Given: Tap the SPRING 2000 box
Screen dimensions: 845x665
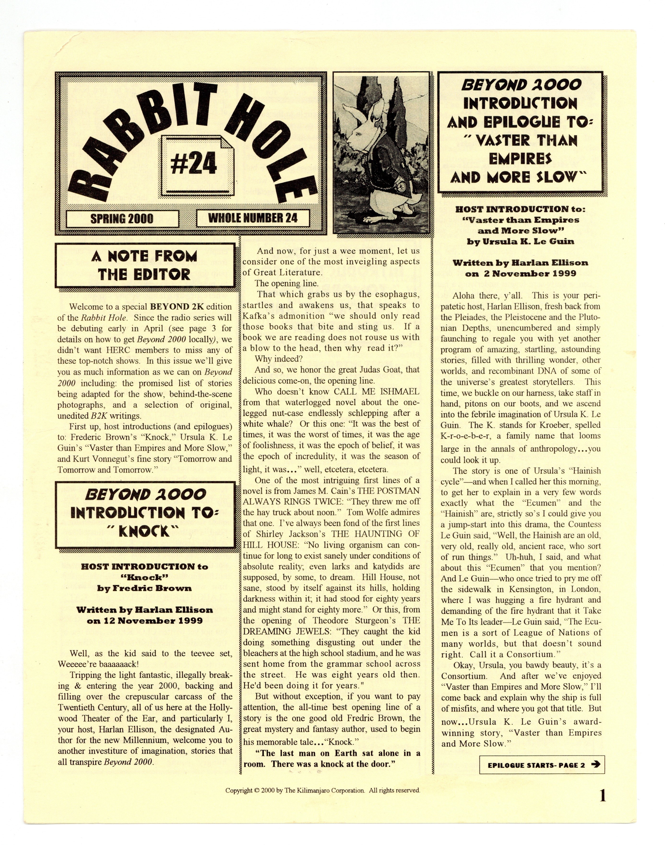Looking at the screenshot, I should [x=122, y=218].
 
